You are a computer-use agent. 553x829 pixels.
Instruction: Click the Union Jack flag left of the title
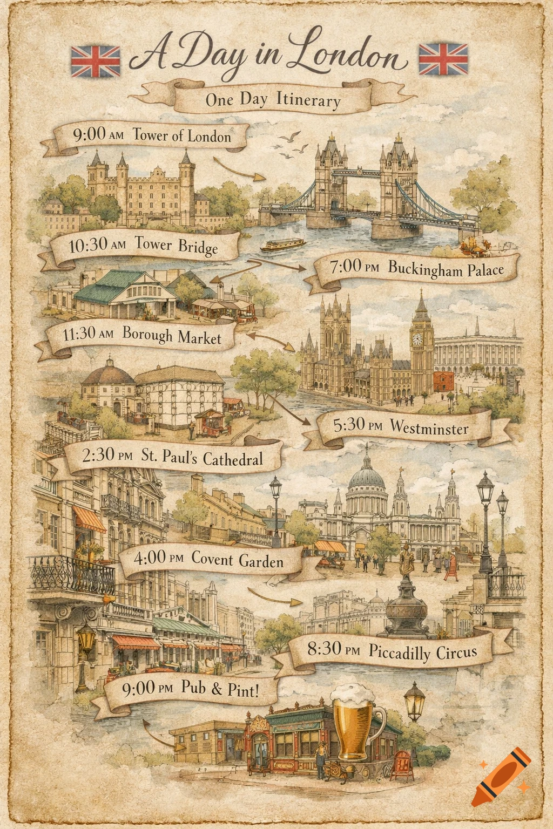point(96,61)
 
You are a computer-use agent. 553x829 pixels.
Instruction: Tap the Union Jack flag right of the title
point(443,59)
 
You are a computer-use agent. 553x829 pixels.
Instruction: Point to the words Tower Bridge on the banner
point(176,246)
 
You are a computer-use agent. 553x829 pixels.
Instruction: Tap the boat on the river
point(283,246)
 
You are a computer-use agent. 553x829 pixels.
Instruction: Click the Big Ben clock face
point(417,338)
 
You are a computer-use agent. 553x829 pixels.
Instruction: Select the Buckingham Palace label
point(445,269)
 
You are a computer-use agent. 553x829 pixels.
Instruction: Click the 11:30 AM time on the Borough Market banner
point(88,334)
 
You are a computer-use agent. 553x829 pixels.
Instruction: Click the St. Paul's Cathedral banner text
point(202,457)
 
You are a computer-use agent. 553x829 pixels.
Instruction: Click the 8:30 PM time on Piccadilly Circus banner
point(333,649)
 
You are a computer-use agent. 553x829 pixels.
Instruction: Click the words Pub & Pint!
point(219,688)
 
